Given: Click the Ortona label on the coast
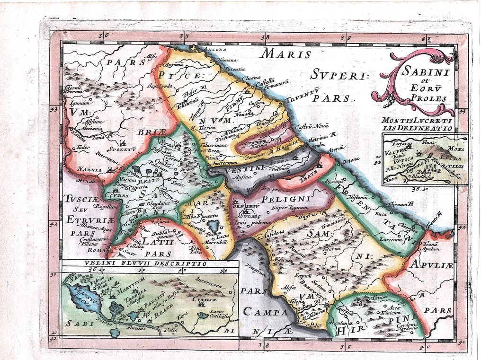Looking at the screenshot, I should (x=351, y=159).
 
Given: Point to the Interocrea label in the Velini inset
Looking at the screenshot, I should (x=209, y=280).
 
